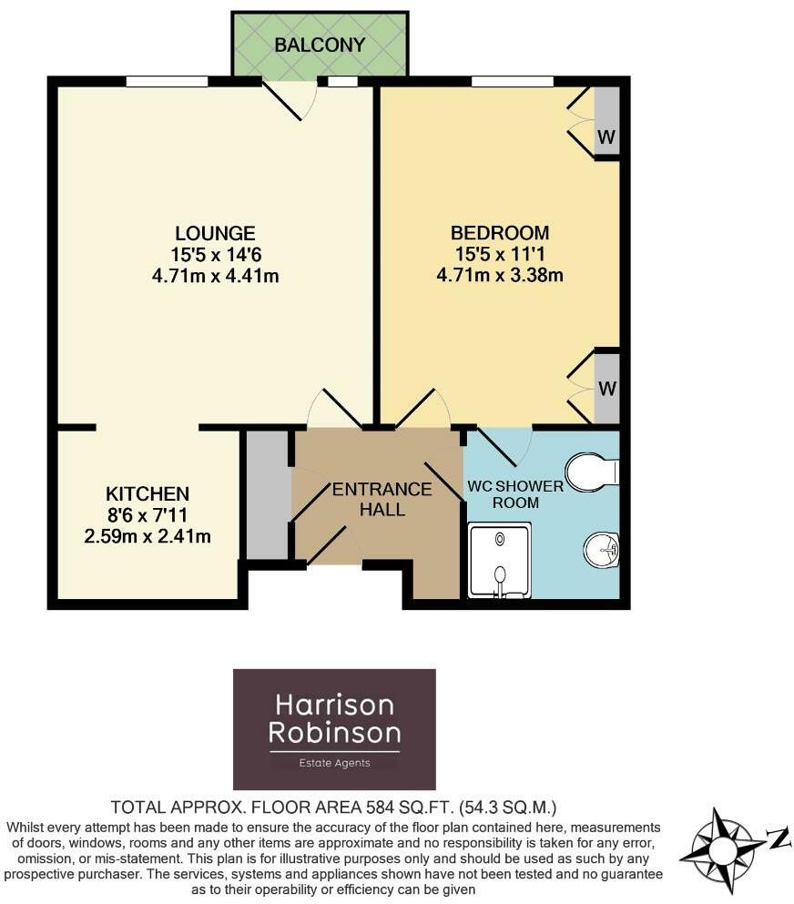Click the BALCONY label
coord(320,45)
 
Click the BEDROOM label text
coord(500,232)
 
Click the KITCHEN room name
coord(147,494)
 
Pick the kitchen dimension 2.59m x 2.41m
coord(147,536)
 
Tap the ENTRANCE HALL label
coord(382,500)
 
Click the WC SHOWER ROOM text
coord(515,494)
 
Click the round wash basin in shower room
coord(601,549)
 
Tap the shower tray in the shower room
coord(499,560)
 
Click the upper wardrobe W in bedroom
coord(607,137)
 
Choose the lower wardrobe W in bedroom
coord(607,389)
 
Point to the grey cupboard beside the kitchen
coord(266,494)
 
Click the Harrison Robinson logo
coord(334,728)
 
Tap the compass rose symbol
coord(724,851)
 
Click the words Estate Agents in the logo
coord(334,763)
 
